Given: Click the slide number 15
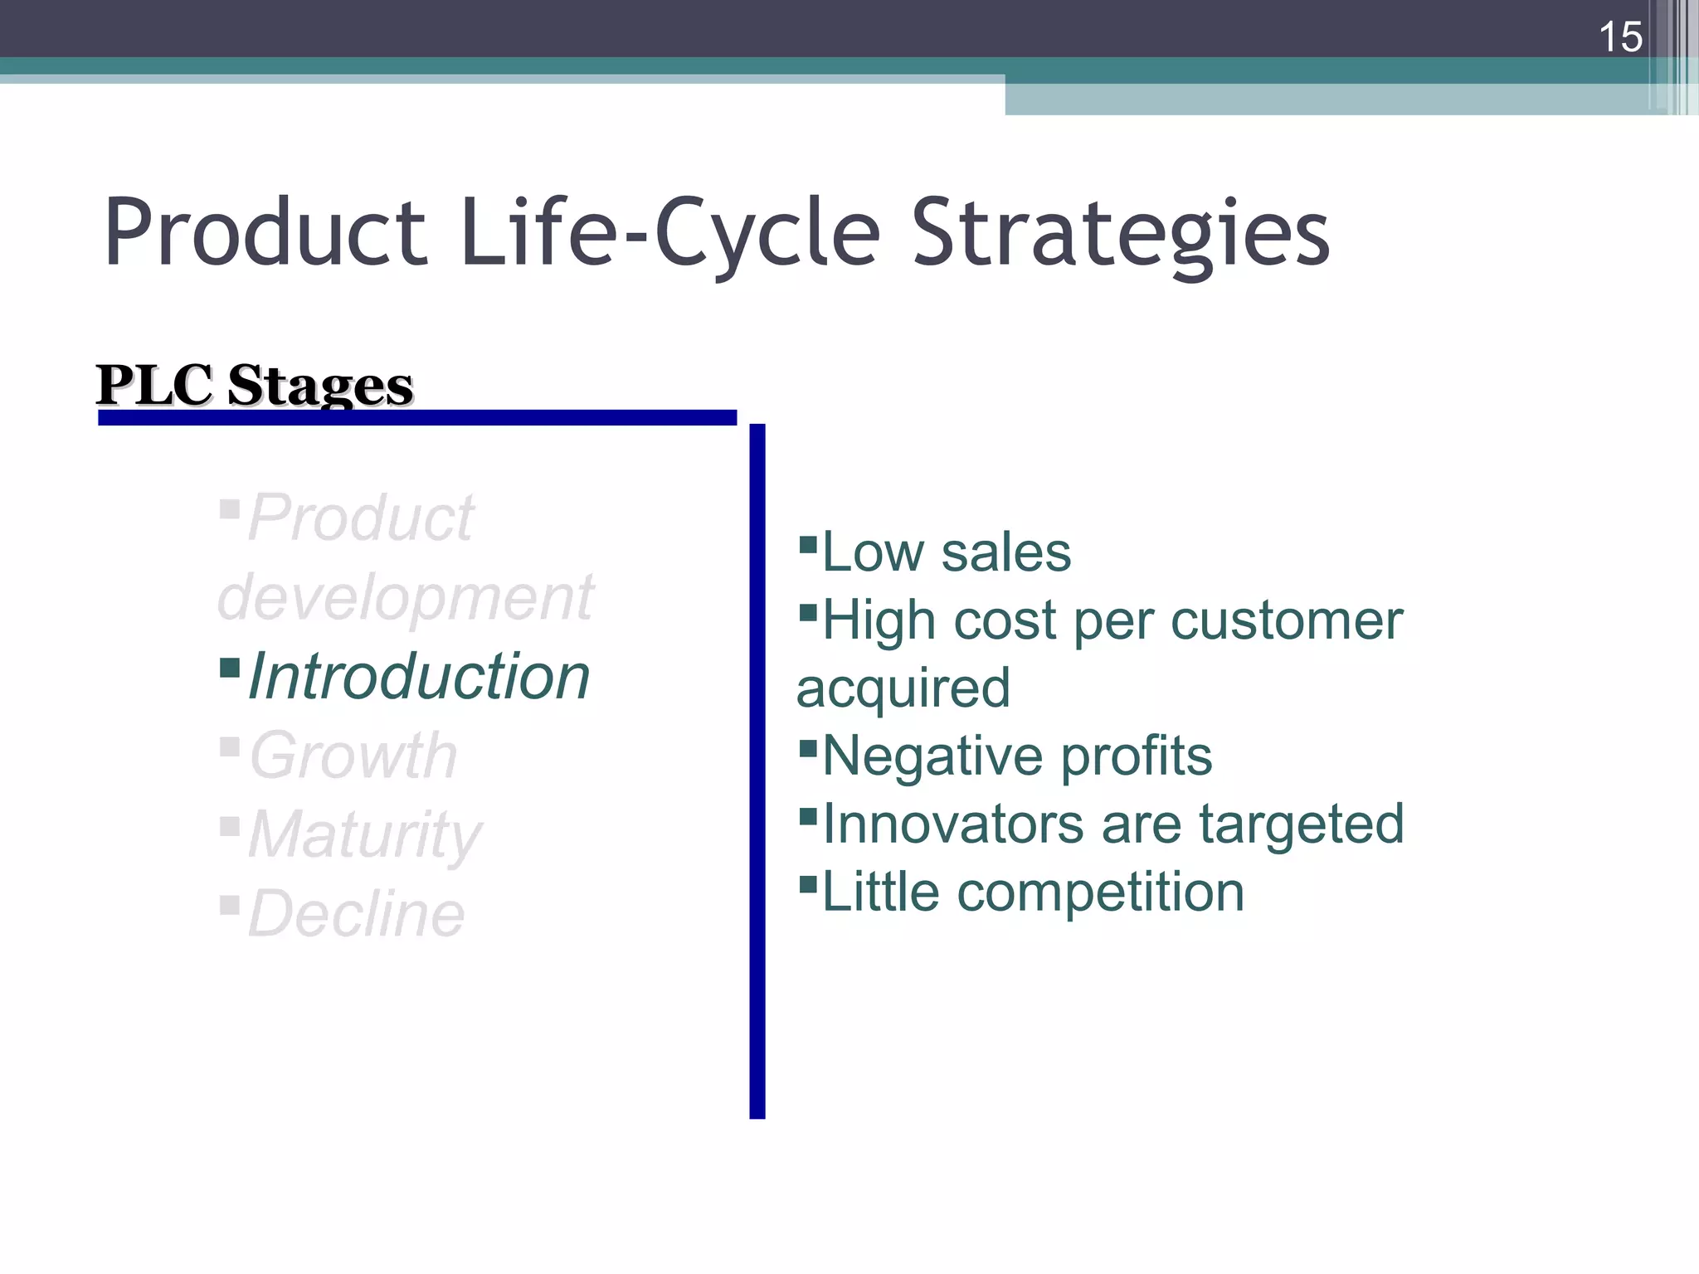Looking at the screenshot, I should (1619, 37).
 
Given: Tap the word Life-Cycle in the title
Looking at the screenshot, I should (669, 234).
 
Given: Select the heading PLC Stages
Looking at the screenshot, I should (255, 386).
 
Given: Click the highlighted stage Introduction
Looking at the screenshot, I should (419, 676).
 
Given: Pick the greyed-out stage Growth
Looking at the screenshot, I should (353, 756).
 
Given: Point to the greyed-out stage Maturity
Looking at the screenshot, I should (365, 834).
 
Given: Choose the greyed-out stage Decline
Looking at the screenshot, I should (357, 914).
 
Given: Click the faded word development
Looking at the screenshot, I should (405, 597).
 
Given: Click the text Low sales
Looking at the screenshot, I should (946, 552).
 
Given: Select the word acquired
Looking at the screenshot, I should (903, 688).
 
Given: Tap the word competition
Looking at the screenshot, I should (1100, 892).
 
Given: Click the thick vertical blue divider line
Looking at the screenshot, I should (757, 771).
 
